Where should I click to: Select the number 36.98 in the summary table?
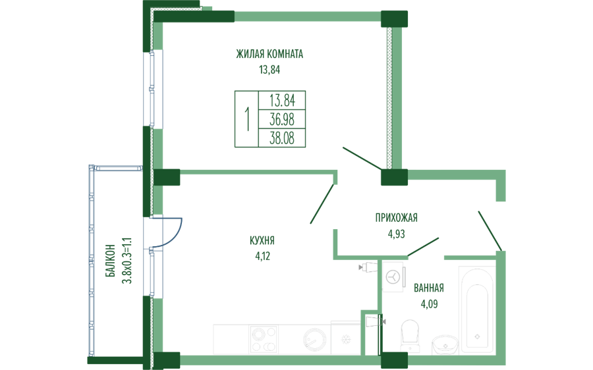click(x=282, y=119)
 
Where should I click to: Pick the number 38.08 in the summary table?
click(x=282, y=138)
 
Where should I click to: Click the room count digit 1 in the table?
click(x=247, y=119)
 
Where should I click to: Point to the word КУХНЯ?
click(x=262, y=240)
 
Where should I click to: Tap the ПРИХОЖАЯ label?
click(x=396, y=218)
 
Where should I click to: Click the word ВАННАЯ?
click(x=428, y=288)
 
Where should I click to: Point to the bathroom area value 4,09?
click(x=428, y=304)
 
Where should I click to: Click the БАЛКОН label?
click(x=111, y=261)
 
